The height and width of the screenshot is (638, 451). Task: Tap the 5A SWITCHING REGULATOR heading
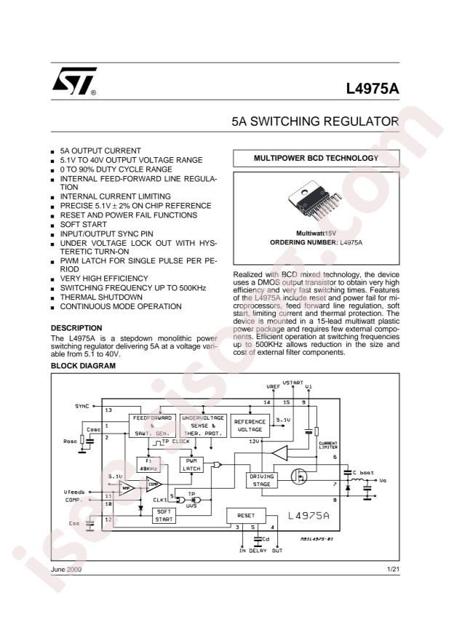click(x=315, y=121)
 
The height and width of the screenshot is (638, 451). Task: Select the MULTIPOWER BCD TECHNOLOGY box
click(x=316, y=158)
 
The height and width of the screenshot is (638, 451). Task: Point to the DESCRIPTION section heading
click(x=76, y=328)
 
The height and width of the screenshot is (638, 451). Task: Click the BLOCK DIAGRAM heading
click(x=83, y=366)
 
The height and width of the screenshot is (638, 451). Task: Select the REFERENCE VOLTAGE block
click(x=250, y=426)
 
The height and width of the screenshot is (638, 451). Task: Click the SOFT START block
click(x=164, y=515)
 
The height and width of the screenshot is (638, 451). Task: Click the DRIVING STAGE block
click(x=260, y=480)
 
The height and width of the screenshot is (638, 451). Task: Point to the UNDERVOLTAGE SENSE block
click(x=204, y=426)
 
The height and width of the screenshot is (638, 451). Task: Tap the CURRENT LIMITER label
click(x=329, y=444)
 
